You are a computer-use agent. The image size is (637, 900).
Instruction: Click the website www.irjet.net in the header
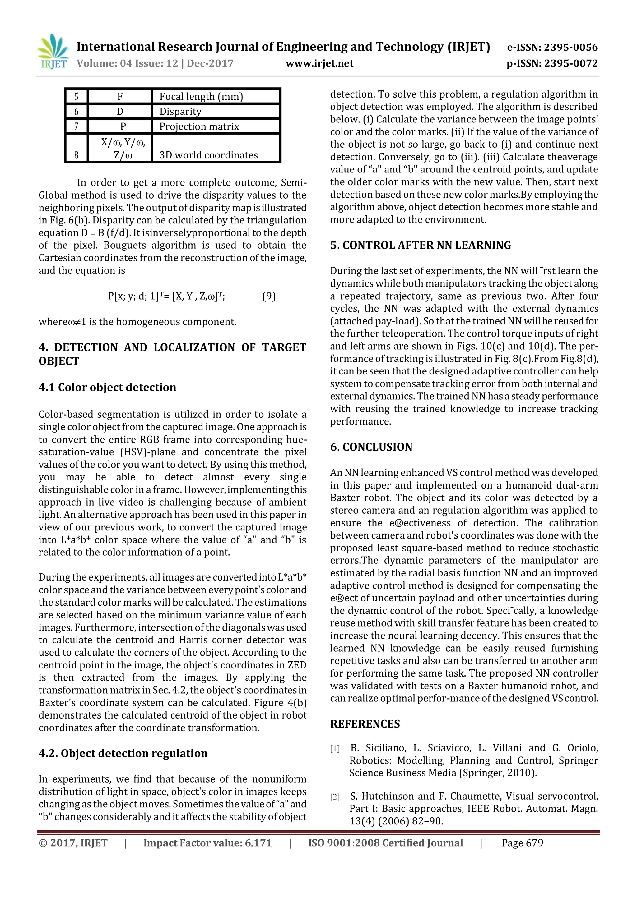pos(319,63)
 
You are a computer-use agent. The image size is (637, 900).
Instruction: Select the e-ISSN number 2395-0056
pos(571,48)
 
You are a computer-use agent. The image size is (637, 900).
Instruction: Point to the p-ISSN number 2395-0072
pos(571,63)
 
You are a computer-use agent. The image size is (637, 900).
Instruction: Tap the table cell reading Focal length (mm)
pos(201,96)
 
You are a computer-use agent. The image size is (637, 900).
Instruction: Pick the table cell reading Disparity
pos(180,112)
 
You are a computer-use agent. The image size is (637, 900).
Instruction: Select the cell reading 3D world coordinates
pos(208,155)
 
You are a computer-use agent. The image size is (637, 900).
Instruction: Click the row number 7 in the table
pos(76,126)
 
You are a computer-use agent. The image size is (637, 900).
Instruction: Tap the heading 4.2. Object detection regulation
pos(123,753)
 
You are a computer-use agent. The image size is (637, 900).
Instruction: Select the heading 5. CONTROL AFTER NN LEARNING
pos(421,246)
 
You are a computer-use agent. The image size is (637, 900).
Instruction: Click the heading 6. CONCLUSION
pos(371,447)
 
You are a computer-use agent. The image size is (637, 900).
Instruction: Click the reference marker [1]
pos(335,749)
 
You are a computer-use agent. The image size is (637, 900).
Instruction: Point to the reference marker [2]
pos(335,797)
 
